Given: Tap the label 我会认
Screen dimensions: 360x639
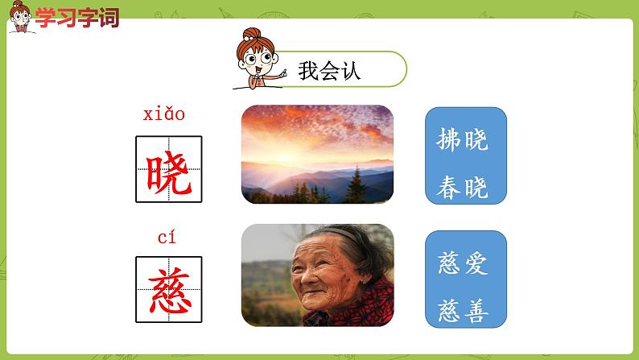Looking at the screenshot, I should [329, 71].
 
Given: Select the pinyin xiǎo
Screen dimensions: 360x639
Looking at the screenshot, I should [164, 114].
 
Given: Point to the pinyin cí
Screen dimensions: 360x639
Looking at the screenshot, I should [166, 237].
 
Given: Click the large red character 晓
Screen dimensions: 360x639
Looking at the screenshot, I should [168, 169].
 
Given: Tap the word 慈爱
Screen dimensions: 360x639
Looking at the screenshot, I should [464, 263].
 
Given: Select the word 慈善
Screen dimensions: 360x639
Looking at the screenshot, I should [464, 310].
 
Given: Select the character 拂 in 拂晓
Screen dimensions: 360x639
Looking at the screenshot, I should [450, 141].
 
